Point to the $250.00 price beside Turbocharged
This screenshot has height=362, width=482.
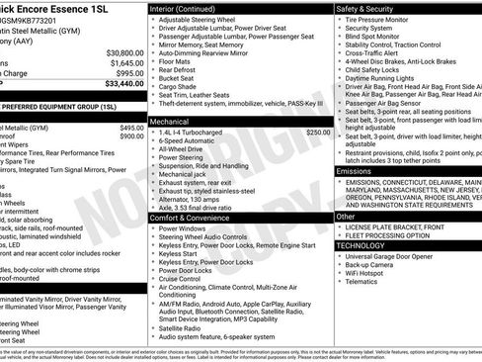pyautogui.click(x=318, y=131)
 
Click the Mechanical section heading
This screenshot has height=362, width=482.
pyautogui.click(x=171, y=119)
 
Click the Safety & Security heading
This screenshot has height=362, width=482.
pyautogui.click(x=373, y=7)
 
